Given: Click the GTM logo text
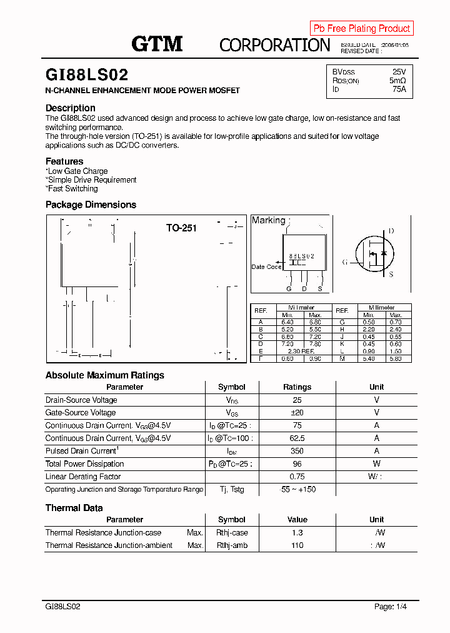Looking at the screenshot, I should [x=156, y=43].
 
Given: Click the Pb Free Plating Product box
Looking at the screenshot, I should [x=361, y=28].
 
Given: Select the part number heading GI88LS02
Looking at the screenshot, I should [x=87, y=75].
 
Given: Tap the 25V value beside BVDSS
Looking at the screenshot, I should [x=399, y=72].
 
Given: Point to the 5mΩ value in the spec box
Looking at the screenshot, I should [x=397, y=81].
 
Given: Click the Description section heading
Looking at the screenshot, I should [x=71, y=108].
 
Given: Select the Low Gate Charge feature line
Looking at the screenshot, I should [x=77, y=171].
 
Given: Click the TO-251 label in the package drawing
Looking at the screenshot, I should [x=181, y=228].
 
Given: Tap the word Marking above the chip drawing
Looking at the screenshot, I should [x=268, y=220].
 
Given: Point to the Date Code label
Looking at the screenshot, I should [x=266, y=267].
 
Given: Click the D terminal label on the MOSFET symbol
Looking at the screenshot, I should [x=391, y=231].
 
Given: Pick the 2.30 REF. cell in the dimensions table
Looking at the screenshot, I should [x=301, y=352].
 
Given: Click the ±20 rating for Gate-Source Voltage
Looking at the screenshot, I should [x=297, y=413].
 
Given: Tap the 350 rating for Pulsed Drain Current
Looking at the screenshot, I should [x=297, y=451].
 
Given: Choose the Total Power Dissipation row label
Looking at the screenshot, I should [x=84, y=464].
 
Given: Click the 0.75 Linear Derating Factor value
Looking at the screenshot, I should [x=297, y=477].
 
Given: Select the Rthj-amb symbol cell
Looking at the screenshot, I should [x=232, y=545].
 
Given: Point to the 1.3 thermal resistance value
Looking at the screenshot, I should [x=297, y=533].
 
